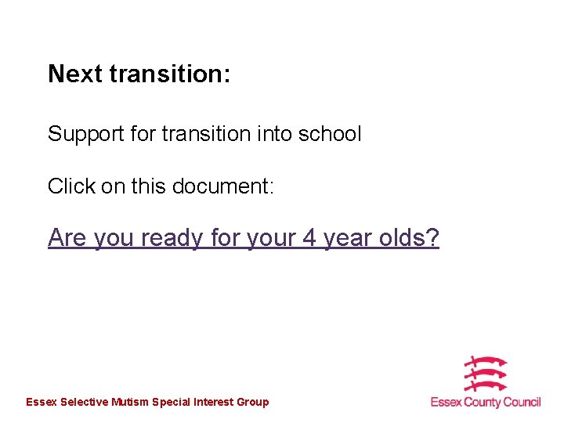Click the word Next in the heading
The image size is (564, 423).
point(75,74)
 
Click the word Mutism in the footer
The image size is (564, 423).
point(130,402)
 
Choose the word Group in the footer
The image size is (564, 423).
point(252,402)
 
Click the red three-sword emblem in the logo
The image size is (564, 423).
point(486,374)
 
